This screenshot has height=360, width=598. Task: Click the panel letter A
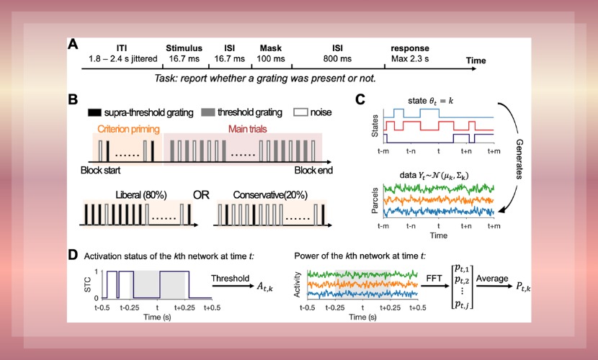[x=73, y=45]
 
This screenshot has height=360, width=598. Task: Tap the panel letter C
[x=360, y=99]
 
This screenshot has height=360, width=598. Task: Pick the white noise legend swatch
[x=304, y=113]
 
